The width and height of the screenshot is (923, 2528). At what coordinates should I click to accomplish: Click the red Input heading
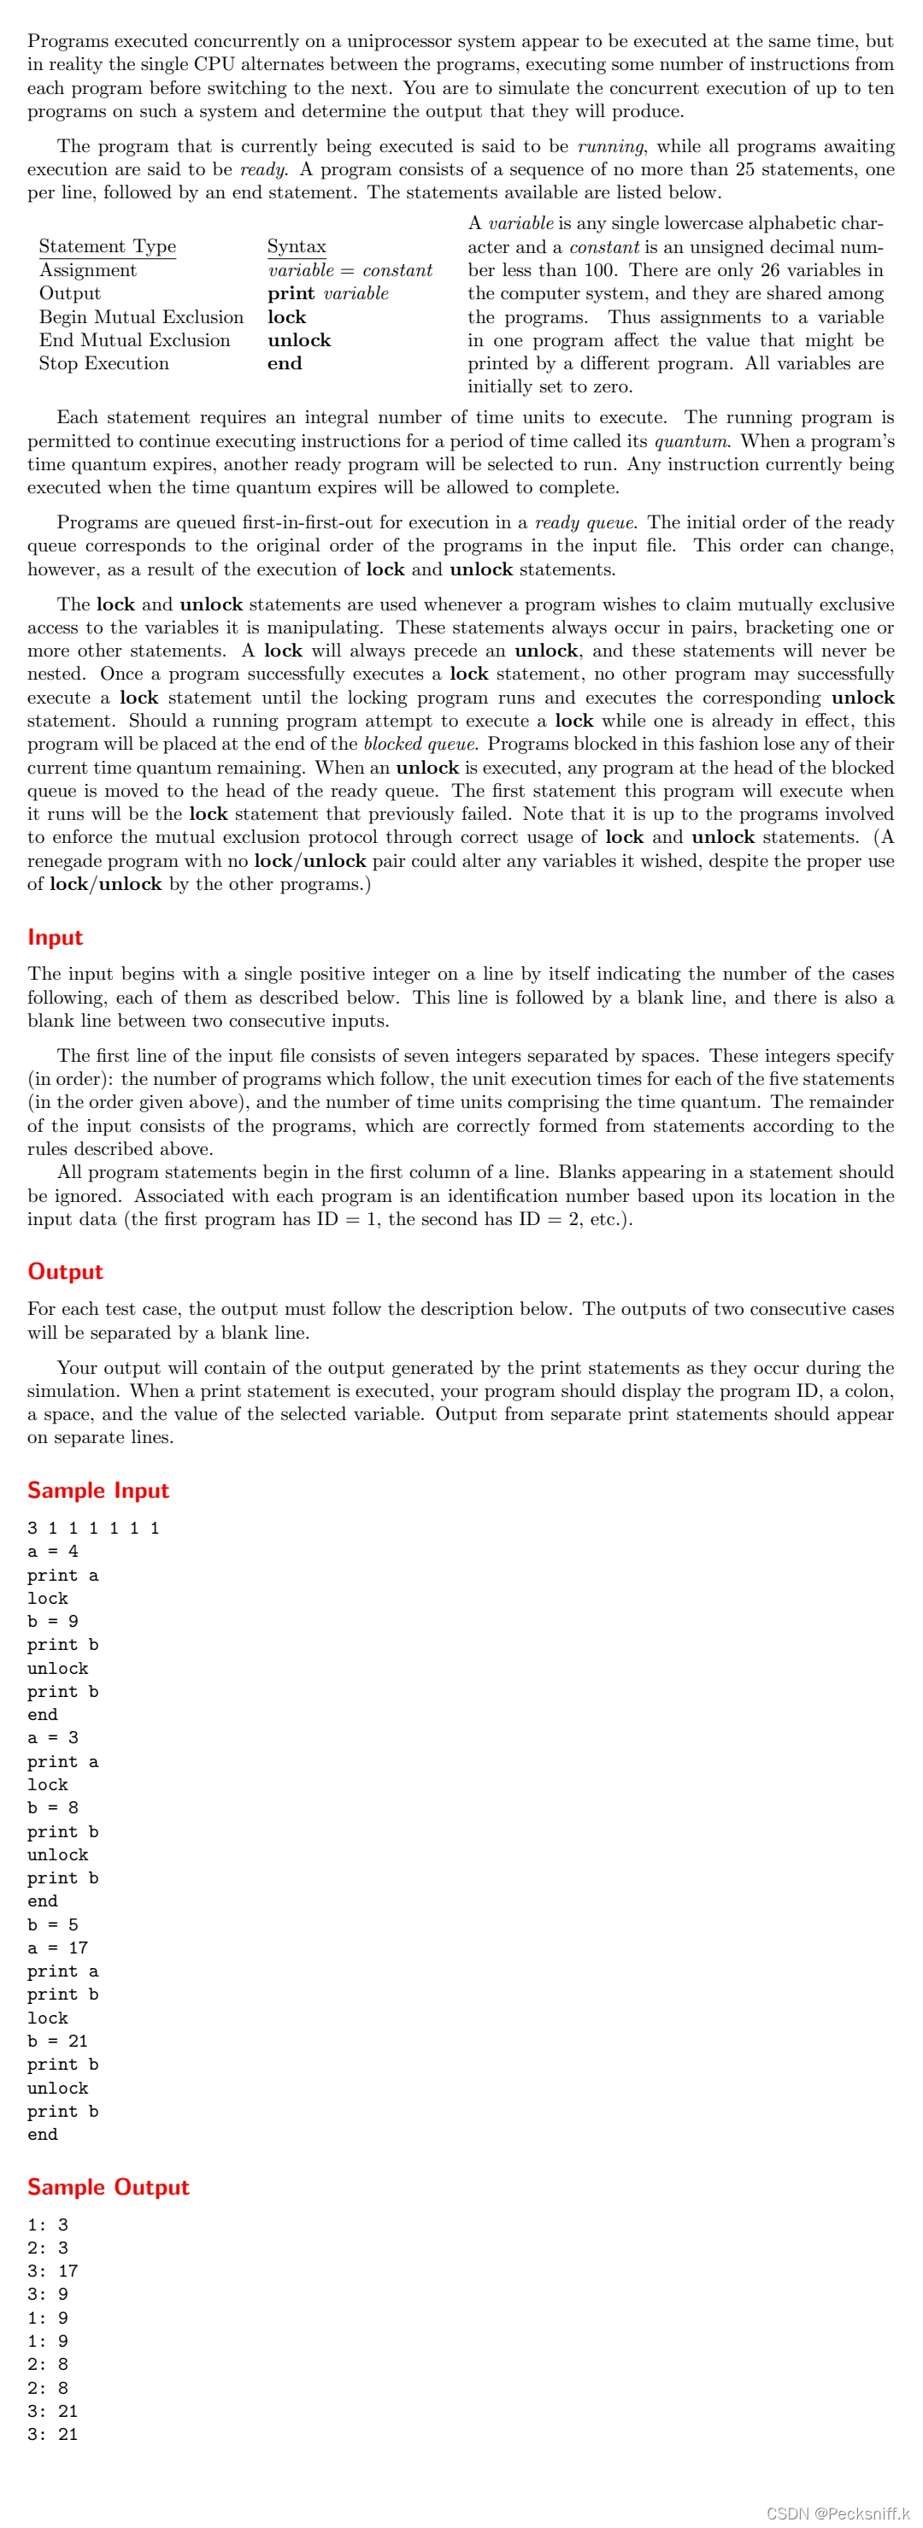click(55, 937)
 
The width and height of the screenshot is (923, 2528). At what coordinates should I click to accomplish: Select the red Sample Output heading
click(108, 2187)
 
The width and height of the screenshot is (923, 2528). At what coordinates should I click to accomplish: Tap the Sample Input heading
click(98, 1490)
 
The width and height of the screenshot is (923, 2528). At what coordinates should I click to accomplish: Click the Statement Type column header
click(108, 246)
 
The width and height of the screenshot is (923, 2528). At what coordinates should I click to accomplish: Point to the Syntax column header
click(297, 246)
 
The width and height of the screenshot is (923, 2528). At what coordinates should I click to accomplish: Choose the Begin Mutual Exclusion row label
click(141, 317)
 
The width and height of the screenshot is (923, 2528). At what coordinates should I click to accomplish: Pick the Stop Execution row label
click(104, 363)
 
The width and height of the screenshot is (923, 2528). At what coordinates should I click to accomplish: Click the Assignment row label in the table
click(88, 270)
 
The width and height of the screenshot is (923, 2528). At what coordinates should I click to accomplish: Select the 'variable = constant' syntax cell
click(350, 270)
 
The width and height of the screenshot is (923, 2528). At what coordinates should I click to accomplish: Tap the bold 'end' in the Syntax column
click(285, 363)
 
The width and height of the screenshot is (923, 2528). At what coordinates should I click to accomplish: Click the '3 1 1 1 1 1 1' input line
click(93, 1528)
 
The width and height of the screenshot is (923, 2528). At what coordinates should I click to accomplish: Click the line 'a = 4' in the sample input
click(53, 1551)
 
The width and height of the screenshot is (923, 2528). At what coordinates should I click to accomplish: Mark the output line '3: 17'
click(53, 2271)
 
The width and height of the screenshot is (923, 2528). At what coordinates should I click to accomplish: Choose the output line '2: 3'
click(48, 2248)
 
